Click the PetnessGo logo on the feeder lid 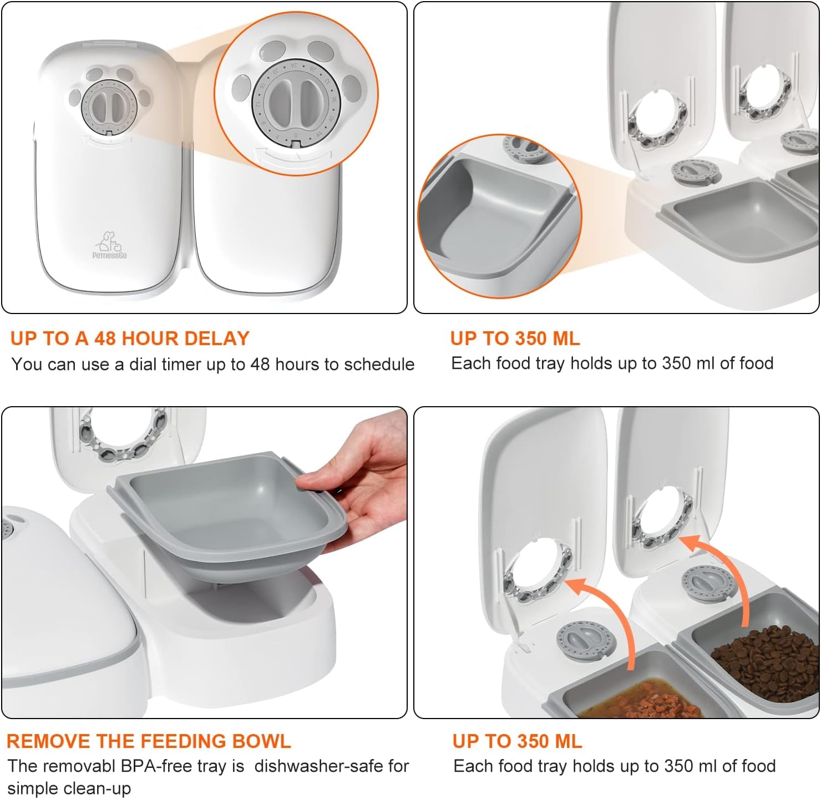[110, 244]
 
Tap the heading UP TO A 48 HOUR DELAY [130, 338]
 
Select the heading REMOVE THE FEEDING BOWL [149, 741]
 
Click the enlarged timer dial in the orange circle [295, 103]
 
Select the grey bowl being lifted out [228, 507]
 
